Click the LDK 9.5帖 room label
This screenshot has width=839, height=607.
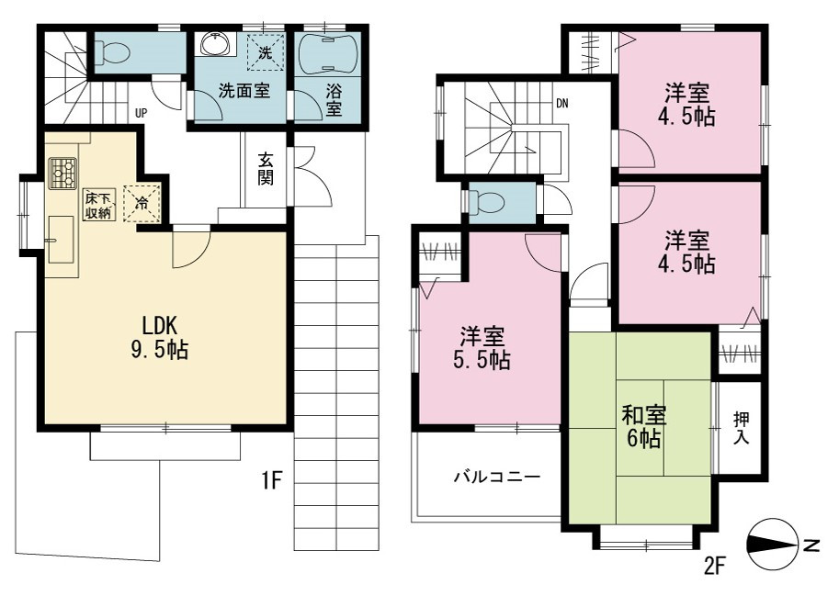point(160,337)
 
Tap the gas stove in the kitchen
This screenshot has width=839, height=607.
point(62,173)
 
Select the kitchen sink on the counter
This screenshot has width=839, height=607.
point(61,240)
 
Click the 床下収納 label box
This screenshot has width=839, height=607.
point(98,204)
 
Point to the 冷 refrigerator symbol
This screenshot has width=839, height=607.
point(142,203)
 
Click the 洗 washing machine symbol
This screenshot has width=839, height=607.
point(265,51)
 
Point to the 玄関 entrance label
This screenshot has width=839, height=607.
point(266,168)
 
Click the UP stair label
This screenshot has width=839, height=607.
point(141,113)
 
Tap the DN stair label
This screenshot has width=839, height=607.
point(561,104)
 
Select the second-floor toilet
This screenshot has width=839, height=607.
point(486,203)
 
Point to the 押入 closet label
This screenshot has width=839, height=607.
point(741,427)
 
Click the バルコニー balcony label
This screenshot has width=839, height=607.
point(497,477)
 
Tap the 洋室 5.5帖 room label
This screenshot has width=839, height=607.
point(482,348)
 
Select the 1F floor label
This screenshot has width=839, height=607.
point(271,480)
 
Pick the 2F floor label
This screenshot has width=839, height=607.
point(714,565)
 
